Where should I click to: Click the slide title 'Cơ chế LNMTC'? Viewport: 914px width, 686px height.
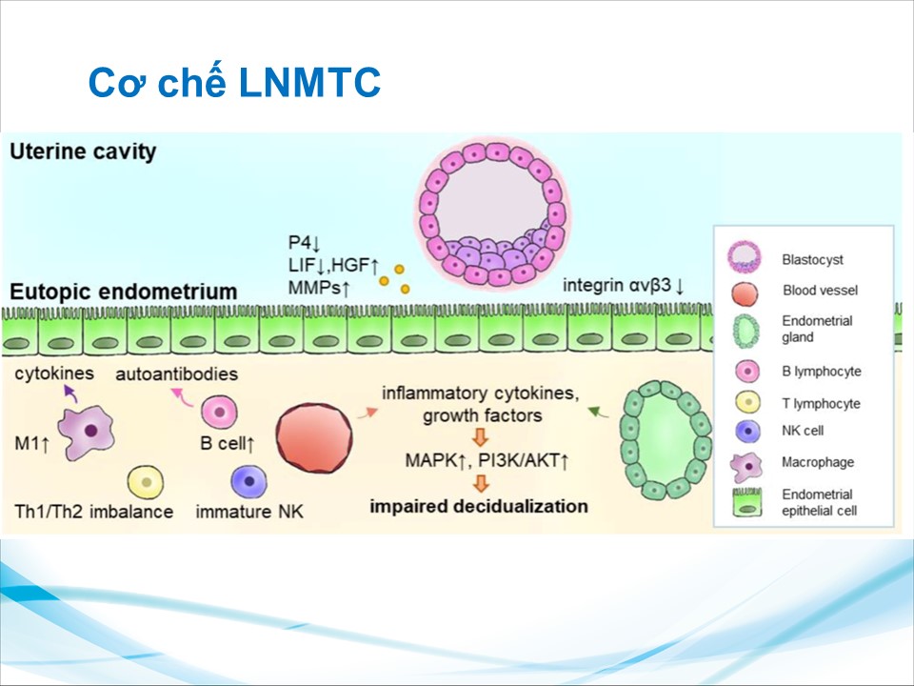234,84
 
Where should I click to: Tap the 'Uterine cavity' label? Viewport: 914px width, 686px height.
83,151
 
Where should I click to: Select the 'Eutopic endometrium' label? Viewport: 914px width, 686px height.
124,291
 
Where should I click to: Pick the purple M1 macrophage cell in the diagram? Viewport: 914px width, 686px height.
89,433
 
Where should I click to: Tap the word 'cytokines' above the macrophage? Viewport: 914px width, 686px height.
54,373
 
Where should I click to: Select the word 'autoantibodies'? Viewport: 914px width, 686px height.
176,373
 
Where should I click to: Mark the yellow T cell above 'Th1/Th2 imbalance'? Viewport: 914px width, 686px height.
146,481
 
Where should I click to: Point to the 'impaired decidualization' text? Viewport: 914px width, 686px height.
480,505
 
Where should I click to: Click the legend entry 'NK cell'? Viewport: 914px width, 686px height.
801,431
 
